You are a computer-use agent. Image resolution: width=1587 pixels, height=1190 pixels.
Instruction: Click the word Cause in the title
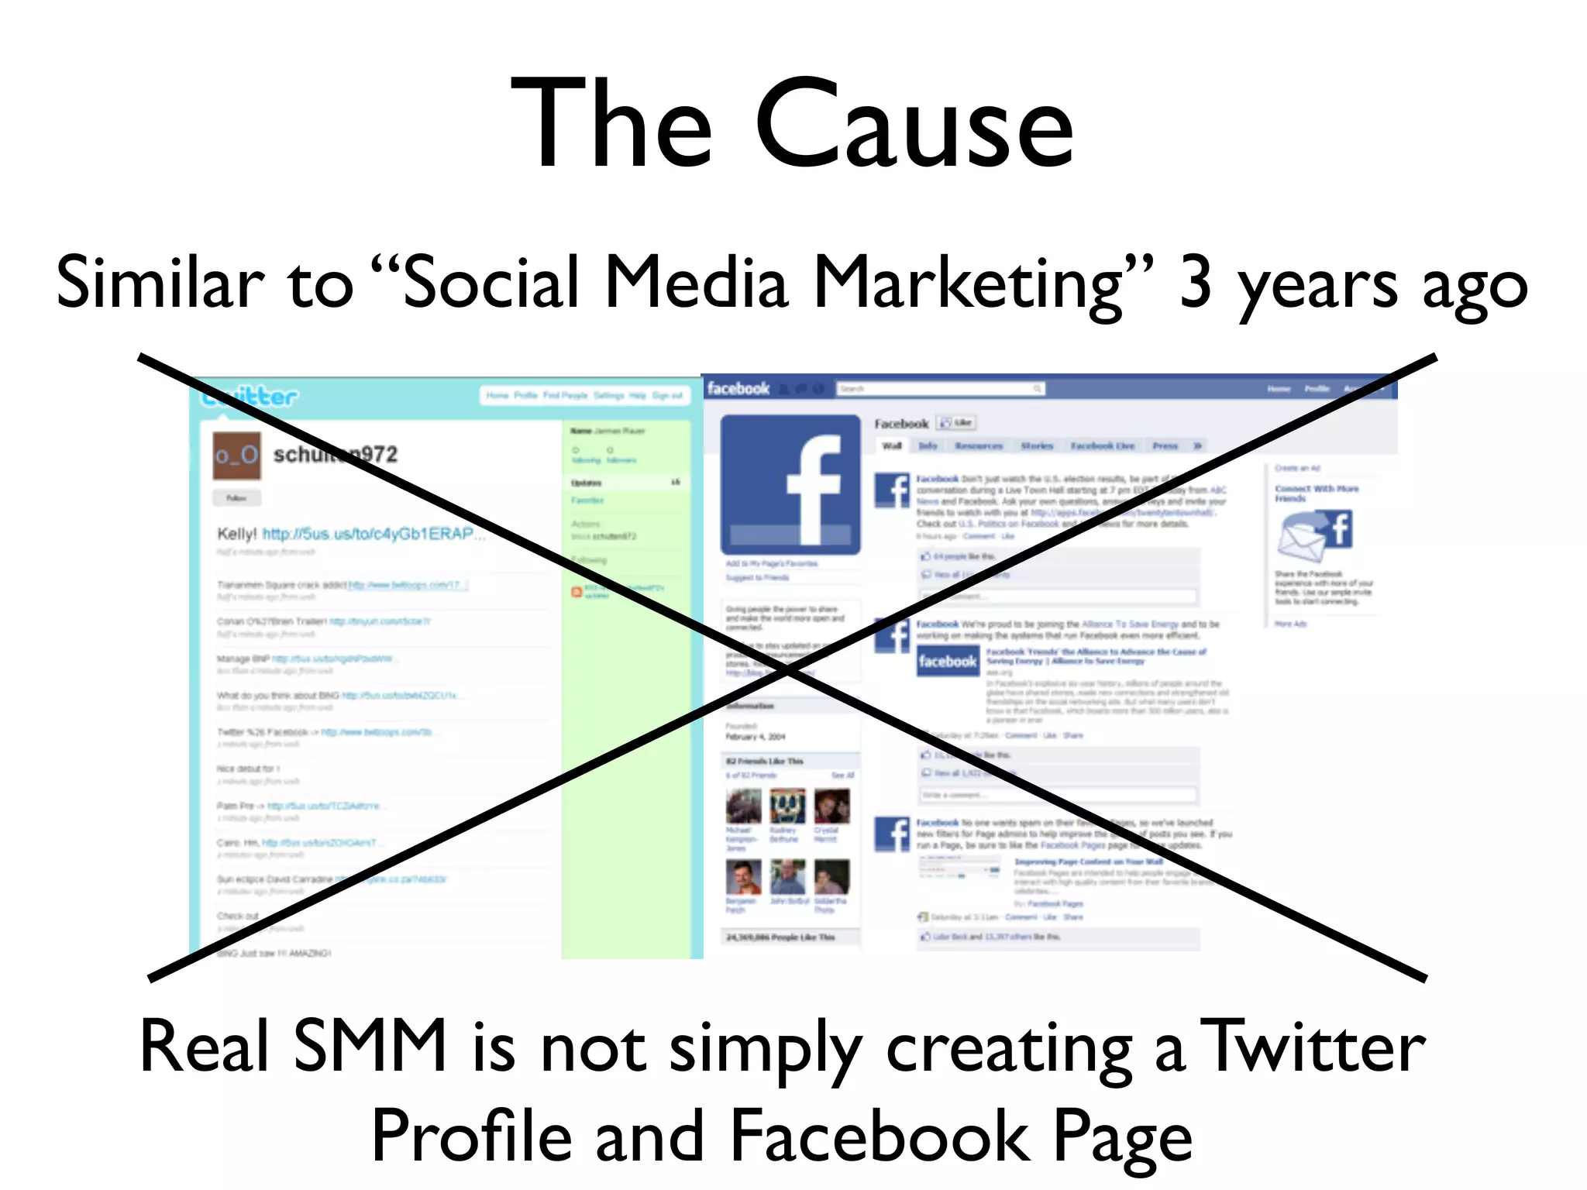[x=914, y=124]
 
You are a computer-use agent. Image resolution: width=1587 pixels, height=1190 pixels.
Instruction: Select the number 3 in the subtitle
[x=1195, y=283]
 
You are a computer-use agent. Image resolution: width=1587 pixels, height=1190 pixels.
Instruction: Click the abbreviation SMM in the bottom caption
[x=370, y=1046]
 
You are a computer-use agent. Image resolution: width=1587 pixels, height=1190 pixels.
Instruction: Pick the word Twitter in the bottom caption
[x=1313, y=1046]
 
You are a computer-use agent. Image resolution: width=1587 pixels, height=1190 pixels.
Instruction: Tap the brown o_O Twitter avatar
[x=236, y=455]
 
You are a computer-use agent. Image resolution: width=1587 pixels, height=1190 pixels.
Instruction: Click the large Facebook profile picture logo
[x=790, y=484]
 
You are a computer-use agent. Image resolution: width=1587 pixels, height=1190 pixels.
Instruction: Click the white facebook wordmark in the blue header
[x=738, y=388]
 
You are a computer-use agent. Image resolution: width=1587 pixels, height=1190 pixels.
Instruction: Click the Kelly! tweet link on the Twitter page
[x=367, y=534]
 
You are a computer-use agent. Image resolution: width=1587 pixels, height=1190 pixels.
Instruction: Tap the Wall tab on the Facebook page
[x=892, y=445]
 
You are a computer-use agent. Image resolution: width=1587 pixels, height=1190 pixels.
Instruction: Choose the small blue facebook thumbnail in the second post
[x=947, y=662]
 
